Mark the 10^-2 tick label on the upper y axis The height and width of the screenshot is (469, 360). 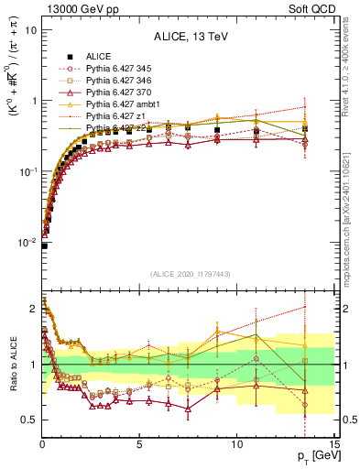27,243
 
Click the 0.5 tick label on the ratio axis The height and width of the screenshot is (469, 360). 29,420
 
